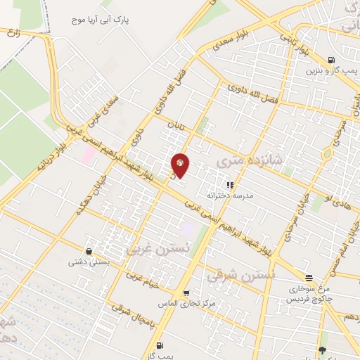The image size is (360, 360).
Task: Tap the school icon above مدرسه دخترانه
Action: pyautogui.click(x=230, y=184)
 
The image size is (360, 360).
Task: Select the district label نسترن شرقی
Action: pyautogui.click(x=231, y=275)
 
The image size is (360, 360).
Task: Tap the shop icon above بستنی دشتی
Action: pyautogui.click(x=89, y=251)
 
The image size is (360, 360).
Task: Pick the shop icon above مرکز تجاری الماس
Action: pyautogui.click(x=186, y=293)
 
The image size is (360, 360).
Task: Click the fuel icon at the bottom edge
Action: pyautogui.click(x=160, y=345)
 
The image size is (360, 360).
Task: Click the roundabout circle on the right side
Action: pyautogui.click(x=327, y=155)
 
